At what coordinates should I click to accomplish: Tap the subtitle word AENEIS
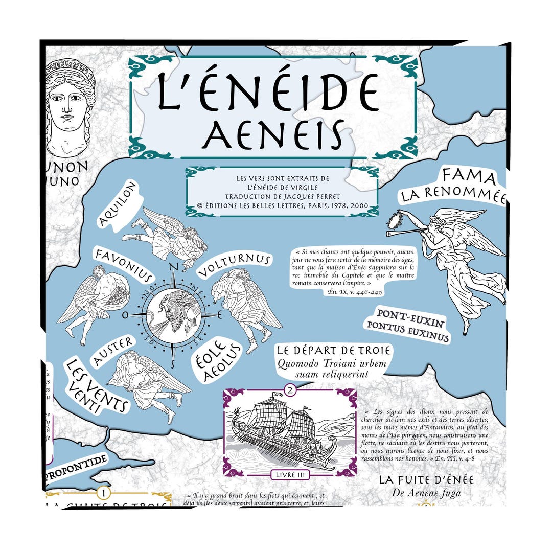(272, 134)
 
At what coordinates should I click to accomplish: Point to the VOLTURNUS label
(234, 266)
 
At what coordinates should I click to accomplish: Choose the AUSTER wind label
(114, 350)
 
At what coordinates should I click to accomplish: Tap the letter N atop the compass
(174, 267)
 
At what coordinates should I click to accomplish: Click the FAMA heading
(469, 177)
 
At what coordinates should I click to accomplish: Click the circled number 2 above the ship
(290, 390)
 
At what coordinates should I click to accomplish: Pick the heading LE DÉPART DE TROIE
(334, 351)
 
